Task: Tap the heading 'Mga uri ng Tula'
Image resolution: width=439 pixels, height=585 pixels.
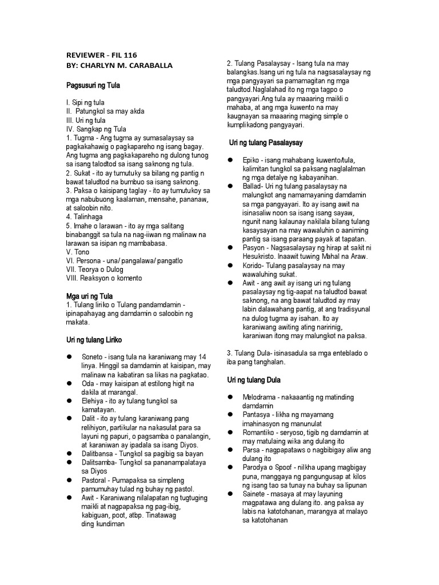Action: click(90, 297)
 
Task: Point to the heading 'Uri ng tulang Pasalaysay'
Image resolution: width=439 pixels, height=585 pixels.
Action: click(266, 142)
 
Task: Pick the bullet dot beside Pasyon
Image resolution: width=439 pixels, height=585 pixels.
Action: click(230, 247)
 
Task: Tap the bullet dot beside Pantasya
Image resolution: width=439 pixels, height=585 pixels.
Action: click(230, 414)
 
